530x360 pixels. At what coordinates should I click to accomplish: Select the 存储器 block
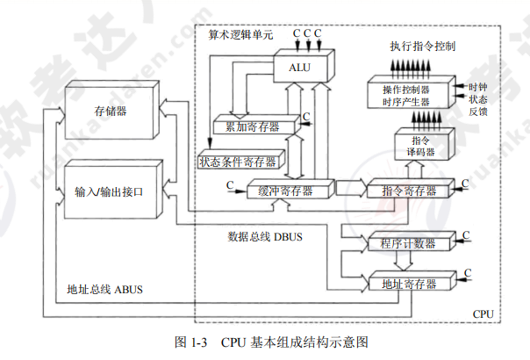click(109, 112)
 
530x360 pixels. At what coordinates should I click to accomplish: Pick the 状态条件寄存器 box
click(237, 162)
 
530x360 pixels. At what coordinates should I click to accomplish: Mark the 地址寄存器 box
click(403, 284)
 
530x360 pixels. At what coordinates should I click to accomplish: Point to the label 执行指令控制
click(422, 45)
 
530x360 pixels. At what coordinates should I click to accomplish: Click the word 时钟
click(477, 87)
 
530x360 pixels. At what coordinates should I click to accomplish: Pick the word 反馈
click(477, 112)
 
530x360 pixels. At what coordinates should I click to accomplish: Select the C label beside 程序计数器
click(467, 235)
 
